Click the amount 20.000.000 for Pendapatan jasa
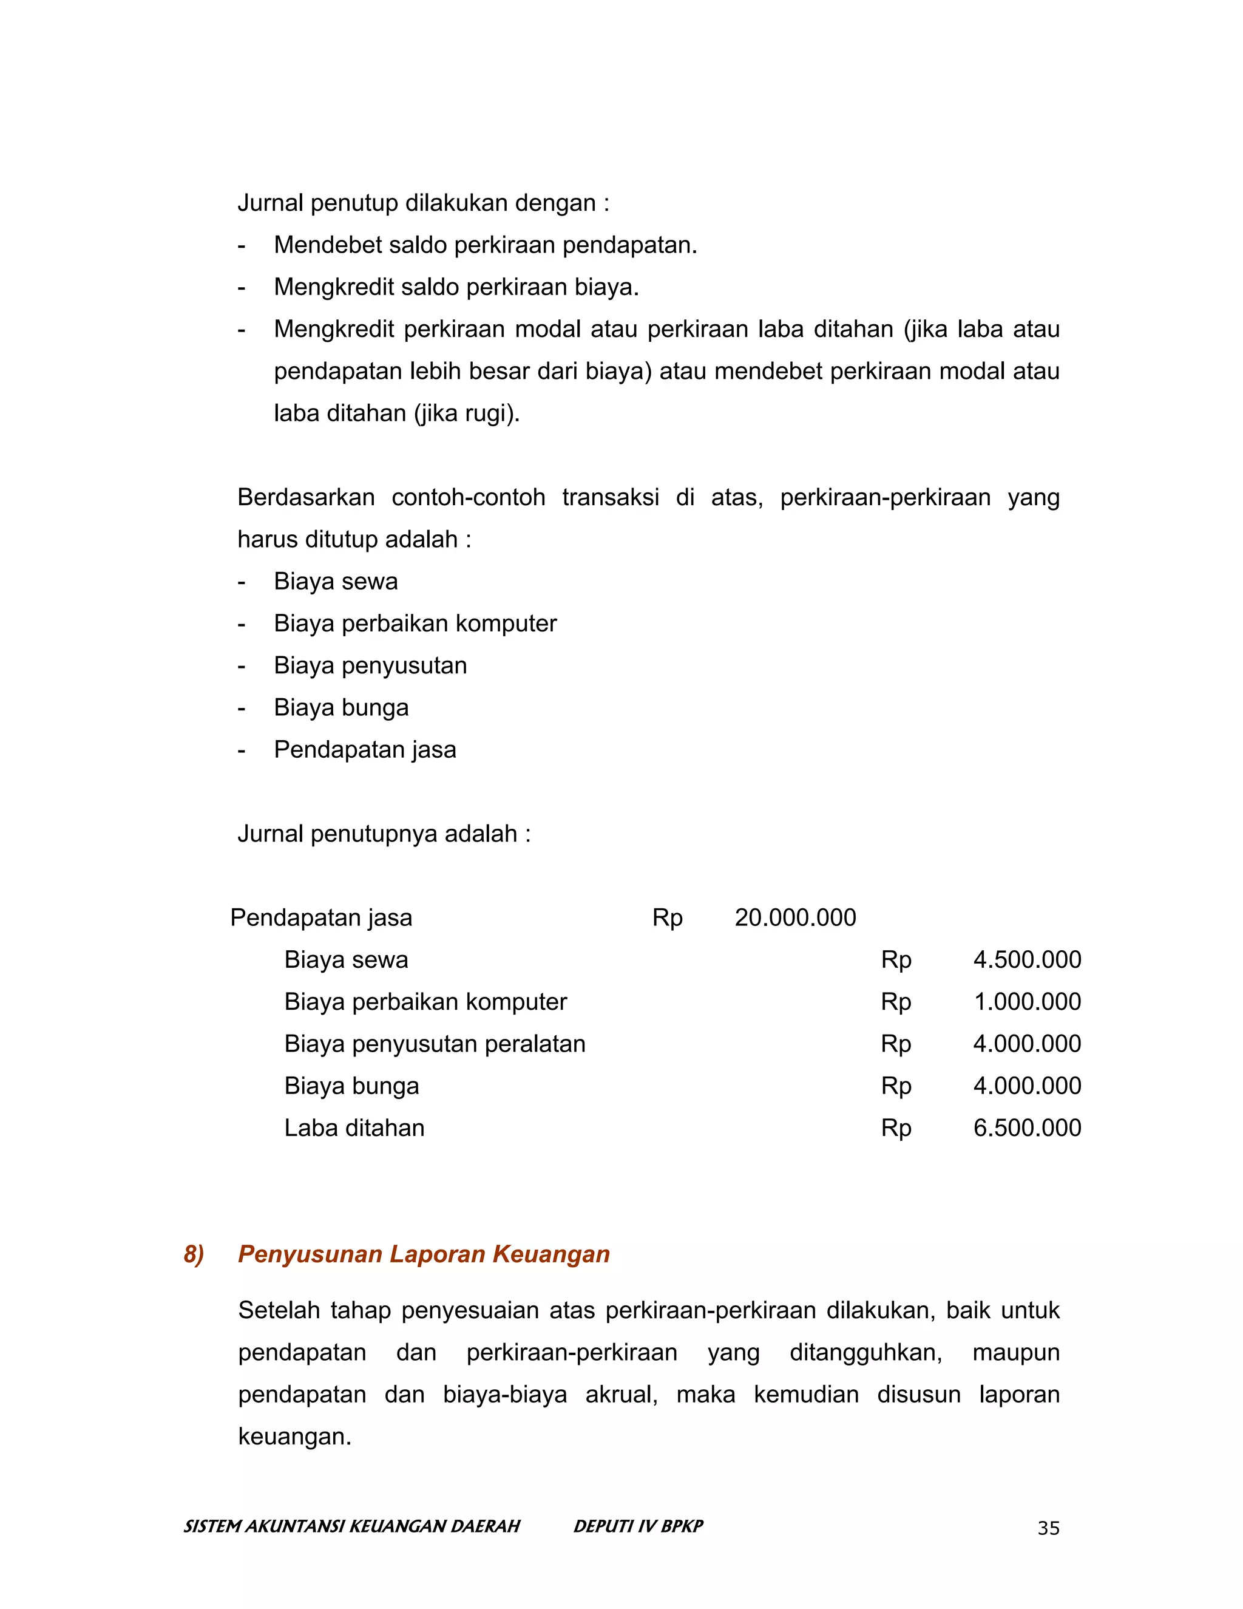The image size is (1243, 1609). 795,918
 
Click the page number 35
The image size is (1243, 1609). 1048,1528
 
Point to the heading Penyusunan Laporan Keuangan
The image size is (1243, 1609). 424,1254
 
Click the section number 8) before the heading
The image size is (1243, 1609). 194,1254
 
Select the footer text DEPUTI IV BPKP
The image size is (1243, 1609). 638,1526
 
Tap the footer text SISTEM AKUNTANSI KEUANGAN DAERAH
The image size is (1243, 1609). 352,1526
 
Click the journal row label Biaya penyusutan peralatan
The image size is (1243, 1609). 435,1044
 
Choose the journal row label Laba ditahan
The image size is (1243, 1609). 354,1128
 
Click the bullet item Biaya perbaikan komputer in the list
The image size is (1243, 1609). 415,624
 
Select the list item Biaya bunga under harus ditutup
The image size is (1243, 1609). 341,707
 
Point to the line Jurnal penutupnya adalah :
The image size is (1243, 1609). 384,834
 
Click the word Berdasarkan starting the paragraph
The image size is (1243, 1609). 306,497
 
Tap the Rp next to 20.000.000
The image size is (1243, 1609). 667,918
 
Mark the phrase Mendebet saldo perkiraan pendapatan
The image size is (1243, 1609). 486,245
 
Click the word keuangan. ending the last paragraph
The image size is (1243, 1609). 294,1436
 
